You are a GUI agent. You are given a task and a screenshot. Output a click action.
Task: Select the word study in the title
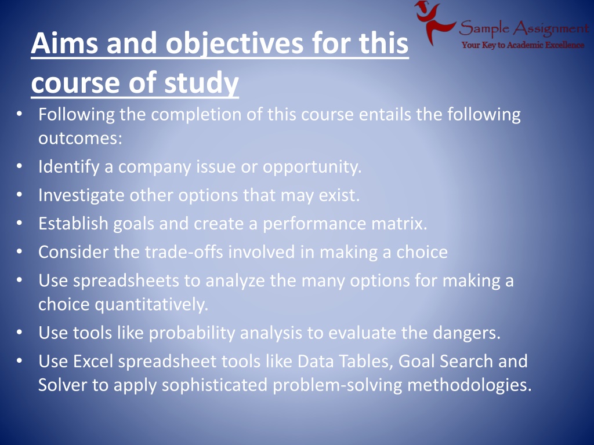pyautogui.click(x=201, y=84)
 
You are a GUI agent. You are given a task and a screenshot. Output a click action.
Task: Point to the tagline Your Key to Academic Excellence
pyautogui.click(x=523, y=45)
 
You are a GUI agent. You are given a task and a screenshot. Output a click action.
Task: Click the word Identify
pyautogui.click(x=69, y=167)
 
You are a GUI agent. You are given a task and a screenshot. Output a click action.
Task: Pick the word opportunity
pyautogui.click(x=312, y=167)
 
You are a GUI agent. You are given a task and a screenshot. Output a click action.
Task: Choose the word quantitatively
pyautogui.click(x=151, y=305)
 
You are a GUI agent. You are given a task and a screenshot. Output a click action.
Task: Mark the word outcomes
pyautogui.click(x=80, y=138)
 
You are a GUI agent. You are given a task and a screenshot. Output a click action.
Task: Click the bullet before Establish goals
pyautogui.click(x=19, y=223)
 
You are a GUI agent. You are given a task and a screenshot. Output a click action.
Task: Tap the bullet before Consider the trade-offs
pyautogui.click(x=19, y=251)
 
